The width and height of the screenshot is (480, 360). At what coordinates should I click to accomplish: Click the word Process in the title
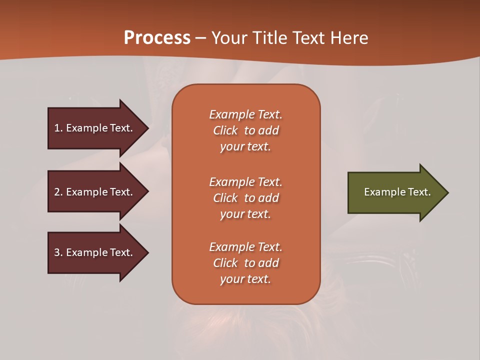click(x=157, y=38)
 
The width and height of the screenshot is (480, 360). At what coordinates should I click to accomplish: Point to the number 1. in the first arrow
click(x=58, y=128)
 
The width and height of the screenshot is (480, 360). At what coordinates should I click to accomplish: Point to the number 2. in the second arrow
click(x=58, y=192)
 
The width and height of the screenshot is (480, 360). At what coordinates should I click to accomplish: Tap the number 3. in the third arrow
click(x=58, y=252)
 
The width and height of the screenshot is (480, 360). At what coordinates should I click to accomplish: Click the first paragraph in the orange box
click(x=245, y=130)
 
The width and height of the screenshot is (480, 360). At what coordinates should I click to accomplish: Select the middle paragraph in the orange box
click(x=245, y=198)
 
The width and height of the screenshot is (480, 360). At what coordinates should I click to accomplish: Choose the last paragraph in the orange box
click(x=245, y=263)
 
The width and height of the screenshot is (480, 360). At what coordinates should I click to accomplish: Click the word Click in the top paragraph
click(x=225, y=130)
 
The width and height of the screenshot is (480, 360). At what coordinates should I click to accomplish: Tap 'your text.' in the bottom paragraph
click(x=245, y=279)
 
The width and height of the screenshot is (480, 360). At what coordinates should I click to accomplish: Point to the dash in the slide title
click(x=200, y=38)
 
